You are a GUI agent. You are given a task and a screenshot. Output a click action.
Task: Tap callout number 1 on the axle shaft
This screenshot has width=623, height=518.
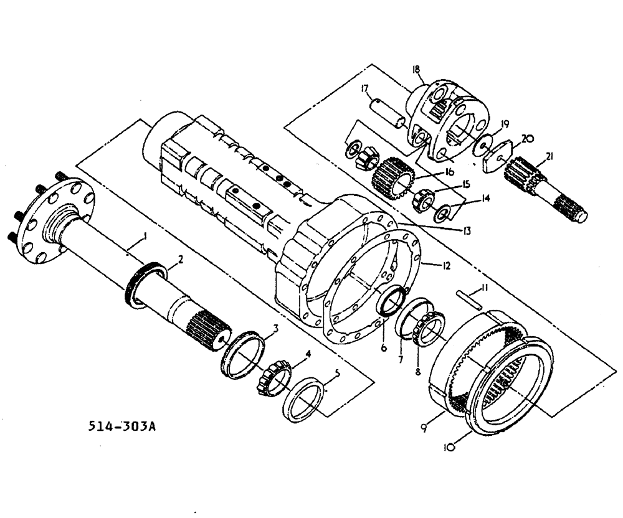click(145, 236)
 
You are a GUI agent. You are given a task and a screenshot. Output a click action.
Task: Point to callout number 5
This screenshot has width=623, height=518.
click(337, 374)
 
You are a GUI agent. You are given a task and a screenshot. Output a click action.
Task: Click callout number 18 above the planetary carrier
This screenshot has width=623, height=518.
click(415, 70)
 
